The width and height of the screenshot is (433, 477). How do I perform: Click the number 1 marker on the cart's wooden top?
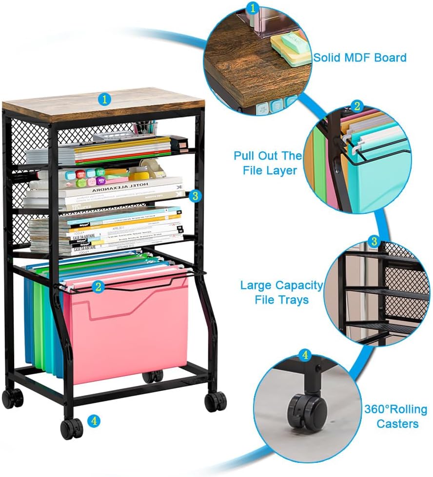coord(104,99)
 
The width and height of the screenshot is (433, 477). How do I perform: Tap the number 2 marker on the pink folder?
coord(98,287)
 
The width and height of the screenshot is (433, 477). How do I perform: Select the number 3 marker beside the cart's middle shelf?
coord(195,196)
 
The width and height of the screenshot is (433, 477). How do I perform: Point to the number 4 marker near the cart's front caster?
coord(95,419)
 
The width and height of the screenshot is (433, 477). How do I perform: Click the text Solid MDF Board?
coord(359,58)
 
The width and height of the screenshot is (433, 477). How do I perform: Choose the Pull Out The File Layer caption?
coord(268,164)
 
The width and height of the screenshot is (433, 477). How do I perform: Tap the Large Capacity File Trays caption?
coord(281,292)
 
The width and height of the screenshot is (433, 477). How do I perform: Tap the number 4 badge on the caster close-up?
coord(305,355)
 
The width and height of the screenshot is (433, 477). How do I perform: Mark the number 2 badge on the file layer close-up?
coord(357,106)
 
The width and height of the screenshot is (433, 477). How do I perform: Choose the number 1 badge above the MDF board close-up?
coord(253,7)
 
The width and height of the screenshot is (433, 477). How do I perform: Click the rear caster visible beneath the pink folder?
coord(153,376)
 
